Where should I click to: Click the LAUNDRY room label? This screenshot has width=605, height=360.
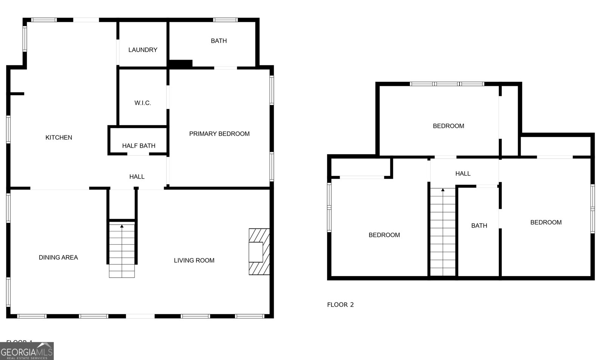[143, 50]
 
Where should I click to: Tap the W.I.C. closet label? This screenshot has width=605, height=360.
[143, 103]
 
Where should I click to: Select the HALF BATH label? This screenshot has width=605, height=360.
[138, 146]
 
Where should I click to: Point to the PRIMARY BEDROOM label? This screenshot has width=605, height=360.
[219, 134]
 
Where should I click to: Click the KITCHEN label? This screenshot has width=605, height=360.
[59, 138]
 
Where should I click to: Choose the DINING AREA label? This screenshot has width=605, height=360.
[58, 258]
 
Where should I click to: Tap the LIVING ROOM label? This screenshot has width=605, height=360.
[194, 261]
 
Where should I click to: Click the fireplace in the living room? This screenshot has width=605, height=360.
[259, 251]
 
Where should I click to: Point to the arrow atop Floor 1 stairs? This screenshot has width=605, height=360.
[122, 226]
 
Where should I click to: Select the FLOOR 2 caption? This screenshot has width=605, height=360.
[340, 305]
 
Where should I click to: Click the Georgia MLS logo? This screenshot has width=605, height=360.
[27, 351]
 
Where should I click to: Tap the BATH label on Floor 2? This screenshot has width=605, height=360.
[479, 226]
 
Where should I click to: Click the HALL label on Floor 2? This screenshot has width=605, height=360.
[463, 174]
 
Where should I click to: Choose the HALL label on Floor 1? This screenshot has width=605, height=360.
[137, 177]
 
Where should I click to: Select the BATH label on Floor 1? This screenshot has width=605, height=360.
[219, 41]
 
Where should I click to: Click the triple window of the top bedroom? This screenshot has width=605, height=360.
[447, 84]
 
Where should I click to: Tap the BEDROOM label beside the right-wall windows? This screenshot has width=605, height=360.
[546, 222]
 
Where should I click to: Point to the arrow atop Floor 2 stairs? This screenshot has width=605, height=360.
[443, 190]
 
